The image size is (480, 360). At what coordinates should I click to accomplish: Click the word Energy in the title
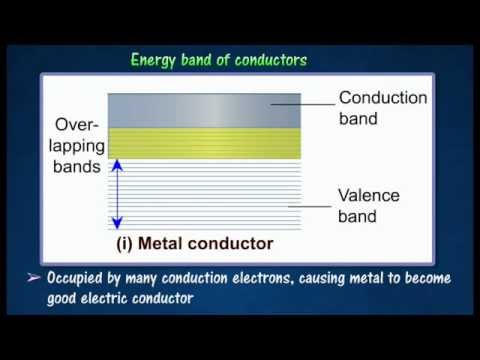155,60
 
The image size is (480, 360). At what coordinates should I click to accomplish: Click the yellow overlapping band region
205,143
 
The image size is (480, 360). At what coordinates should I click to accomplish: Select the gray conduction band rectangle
205,110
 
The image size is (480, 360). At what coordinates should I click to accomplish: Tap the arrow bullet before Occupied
33,277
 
